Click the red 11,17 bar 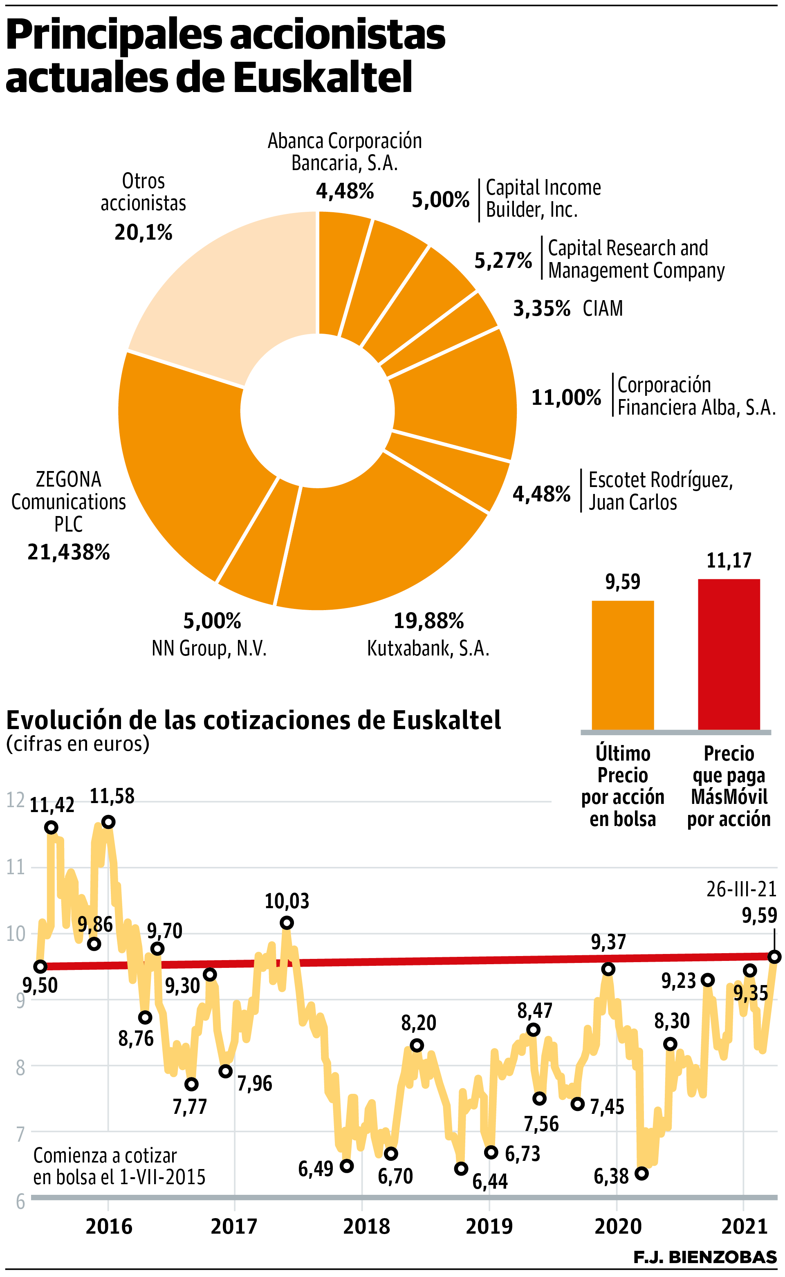click(x=729, y=654)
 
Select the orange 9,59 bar click(x=623, y=664)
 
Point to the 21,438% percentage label click(x=69, y=552)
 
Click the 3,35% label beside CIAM click(x=541, y=309)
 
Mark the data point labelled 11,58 click(x=108, y=822)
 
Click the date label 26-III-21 click(x=741, y=889)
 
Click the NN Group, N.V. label click(x=209, y=649)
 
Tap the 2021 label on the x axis click(x=744, y=1227)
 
